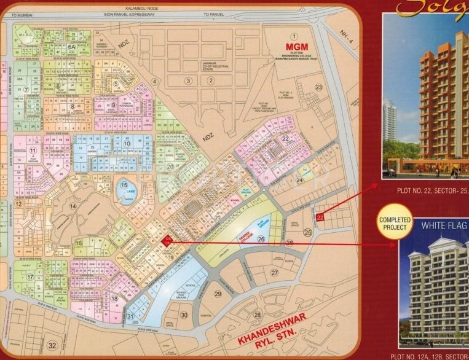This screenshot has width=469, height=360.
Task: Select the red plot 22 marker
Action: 320,217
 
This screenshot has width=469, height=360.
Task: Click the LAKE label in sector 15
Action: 125,190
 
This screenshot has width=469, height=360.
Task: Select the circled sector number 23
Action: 318,87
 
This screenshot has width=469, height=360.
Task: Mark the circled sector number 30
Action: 183,315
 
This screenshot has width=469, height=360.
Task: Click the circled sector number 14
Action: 72,206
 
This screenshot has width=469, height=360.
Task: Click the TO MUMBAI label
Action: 21,22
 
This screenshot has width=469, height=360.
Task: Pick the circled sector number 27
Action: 274,272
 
